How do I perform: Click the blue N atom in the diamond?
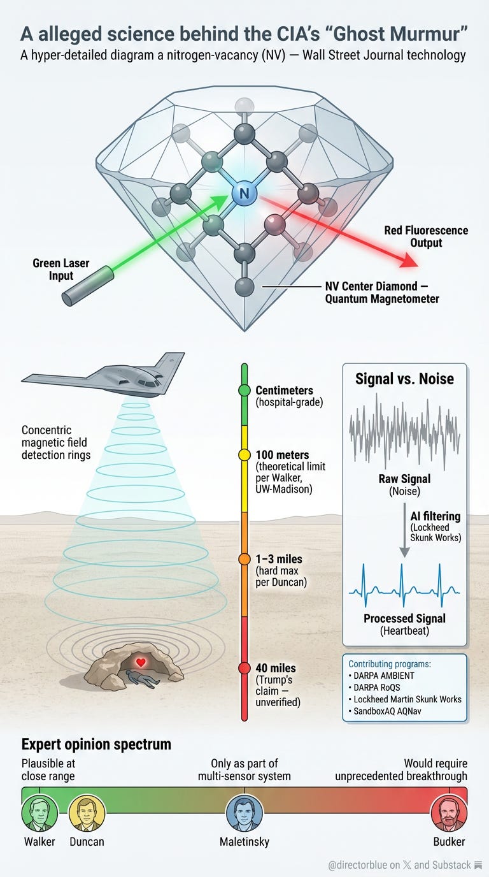243,193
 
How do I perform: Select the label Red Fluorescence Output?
426,236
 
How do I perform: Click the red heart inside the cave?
141,663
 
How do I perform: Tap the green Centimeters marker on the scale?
244,390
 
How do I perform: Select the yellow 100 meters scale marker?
244,455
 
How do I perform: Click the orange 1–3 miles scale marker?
244,559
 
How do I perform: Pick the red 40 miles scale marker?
244,668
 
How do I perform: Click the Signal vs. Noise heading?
404,379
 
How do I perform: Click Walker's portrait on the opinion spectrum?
39,813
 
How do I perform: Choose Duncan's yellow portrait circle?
87,813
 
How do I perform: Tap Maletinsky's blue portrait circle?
244,813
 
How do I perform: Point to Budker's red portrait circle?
449,813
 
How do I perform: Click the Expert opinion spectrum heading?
96,744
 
